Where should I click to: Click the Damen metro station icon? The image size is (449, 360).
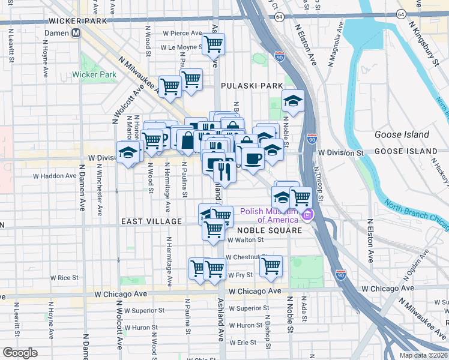pyautogui.click(x=76, y=33)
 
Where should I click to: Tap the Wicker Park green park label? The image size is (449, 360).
pyautogui.click(x=94, y=75)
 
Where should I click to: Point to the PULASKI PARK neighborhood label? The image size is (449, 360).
pyautogui.click(x=252, y=86)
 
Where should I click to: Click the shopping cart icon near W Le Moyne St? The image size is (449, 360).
pyautogui.click(x=213, y=43)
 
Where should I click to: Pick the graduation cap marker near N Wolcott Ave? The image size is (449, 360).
pyautogui.click(x=128, y=153)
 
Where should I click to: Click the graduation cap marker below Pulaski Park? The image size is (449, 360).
pyautogui.click(x=293, y=101)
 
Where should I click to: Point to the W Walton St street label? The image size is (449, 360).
pyautogui.click(x=246, y=239)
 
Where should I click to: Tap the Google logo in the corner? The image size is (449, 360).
pyautogui.click(x=20, y=353)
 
